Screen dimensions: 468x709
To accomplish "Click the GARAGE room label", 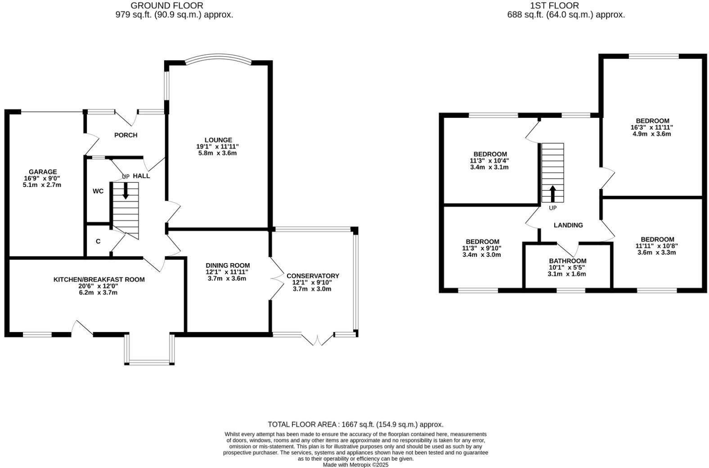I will coord(43,171).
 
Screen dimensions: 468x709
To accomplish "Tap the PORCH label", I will coord(126,135).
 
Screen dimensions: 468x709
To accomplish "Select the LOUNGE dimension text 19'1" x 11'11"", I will coord(218,146).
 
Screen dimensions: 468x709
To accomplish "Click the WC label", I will coord(98,191).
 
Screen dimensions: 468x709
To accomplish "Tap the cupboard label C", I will coord(98,241).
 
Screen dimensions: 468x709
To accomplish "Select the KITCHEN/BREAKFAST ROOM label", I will coord(99,279).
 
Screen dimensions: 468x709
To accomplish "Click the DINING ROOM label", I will coord(228,265).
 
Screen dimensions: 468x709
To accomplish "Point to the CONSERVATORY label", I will coord(313,276).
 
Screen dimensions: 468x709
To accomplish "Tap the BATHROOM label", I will coord(567,261).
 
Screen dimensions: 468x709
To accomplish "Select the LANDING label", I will coord(568,225).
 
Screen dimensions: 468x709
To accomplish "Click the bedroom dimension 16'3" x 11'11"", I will coord(652,127).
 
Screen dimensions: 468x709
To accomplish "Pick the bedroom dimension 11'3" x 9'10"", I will coord(481,248).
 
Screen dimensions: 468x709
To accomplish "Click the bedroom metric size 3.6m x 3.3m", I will coord(656,252).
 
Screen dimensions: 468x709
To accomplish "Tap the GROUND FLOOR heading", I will coord(167,6).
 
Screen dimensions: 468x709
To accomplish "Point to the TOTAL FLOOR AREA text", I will coord(355,424).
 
